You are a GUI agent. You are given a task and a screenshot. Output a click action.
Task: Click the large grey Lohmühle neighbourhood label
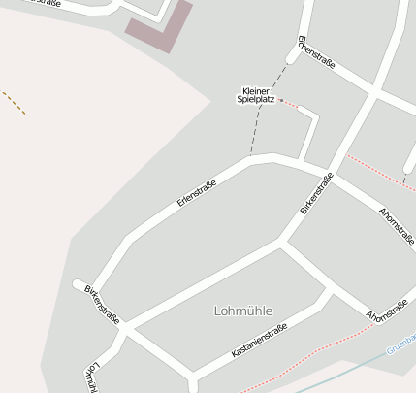242,311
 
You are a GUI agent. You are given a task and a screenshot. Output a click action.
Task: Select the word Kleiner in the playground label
256,90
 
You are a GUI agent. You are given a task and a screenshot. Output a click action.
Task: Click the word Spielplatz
256,99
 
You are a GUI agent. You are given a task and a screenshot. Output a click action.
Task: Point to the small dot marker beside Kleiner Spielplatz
280,100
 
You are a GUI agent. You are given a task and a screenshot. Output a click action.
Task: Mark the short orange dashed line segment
14,102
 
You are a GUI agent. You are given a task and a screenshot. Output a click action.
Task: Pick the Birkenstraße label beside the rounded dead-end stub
102,303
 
